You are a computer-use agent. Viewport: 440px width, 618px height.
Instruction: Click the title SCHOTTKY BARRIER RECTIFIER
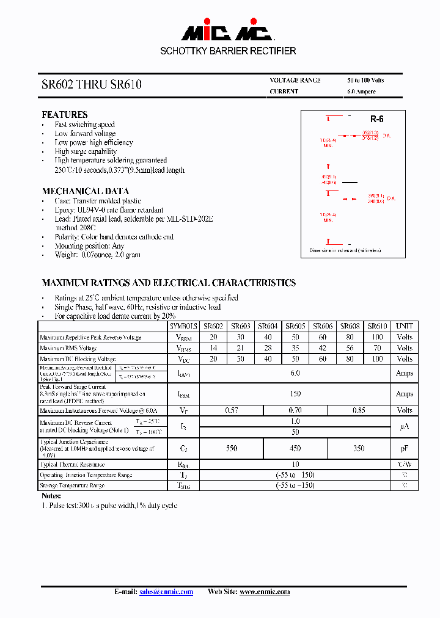[x=228, y=51]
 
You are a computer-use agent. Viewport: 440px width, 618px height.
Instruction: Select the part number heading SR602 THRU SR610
[x=91, y=85]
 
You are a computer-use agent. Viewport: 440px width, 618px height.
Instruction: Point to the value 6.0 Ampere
[x=361, y=92]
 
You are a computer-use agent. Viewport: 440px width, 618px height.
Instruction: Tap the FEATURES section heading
[x=64, y=115]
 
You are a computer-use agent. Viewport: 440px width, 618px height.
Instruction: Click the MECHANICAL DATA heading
[x=85, y=191]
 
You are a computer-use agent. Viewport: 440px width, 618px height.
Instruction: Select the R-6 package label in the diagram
[x=376, y=120]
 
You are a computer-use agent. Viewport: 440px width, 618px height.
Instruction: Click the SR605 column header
[x=295, y=327]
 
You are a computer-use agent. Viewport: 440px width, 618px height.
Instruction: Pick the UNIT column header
[x=404, y=327]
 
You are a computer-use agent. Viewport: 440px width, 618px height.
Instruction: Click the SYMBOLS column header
[x=183, y=327]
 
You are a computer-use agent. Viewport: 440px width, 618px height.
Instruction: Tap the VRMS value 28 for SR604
[x=268, y=348]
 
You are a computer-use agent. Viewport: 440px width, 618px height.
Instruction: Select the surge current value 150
[x=295, y=394]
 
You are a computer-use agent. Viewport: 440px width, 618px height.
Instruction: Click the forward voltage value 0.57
[x=232, y=410]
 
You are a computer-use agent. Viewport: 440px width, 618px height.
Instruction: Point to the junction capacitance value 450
[x=295, y=448]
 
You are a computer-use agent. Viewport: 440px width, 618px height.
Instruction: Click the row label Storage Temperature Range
[x=72, y=485]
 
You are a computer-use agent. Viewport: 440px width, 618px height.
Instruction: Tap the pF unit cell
[x=404, y=448]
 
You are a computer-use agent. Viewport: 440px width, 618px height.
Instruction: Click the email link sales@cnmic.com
[x=166, y=592]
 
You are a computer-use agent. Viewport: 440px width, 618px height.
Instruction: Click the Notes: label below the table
[x=51, y=496]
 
